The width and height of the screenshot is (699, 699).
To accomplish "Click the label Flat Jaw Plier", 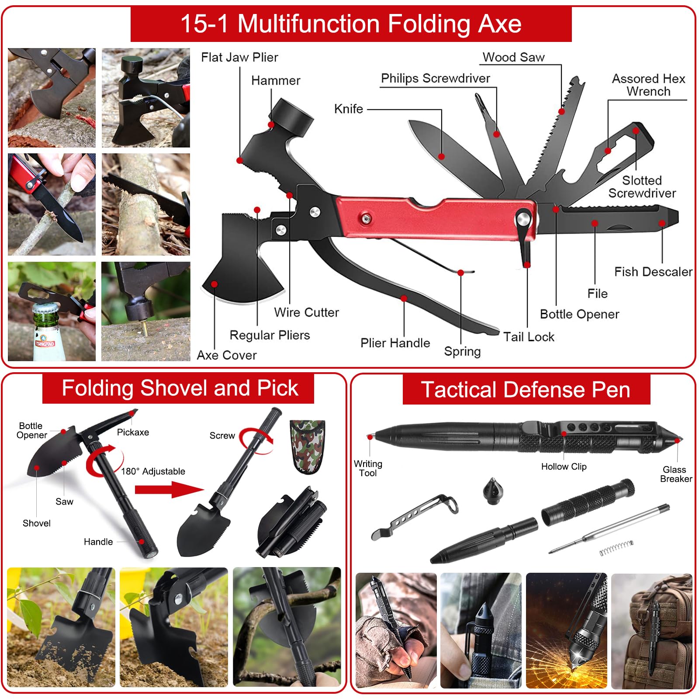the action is click(x=239, y=57).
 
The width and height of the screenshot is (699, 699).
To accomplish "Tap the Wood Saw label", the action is click(x=513, y=57).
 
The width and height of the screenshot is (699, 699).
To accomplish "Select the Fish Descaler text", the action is click(x=653, y=272).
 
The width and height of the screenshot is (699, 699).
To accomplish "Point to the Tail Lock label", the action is click(x=529, y=337).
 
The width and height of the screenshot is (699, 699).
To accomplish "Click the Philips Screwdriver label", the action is click(x=436, y=78).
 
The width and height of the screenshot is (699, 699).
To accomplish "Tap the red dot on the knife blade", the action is click(x=441, y=156).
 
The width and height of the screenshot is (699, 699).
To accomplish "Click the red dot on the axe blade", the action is click(x=214, y=284).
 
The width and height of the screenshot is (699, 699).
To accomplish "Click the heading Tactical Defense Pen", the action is click(x=526, y=389).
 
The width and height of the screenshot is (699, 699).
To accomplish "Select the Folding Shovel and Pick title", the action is click(x=180, y=388).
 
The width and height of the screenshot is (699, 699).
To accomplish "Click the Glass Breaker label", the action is click(x=675, y=474).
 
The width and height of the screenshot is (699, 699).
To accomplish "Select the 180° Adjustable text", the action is click(x=153, y=471).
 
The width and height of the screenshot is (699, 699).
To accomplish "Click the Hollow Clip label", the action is click(x=564, y=467).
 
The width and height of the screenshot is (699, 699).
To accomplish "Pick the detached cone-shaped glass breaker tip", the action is click(x=492, y=491).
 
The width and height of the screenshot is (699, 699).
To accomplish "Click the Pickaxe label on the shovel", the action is click(x=133, y=432).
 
